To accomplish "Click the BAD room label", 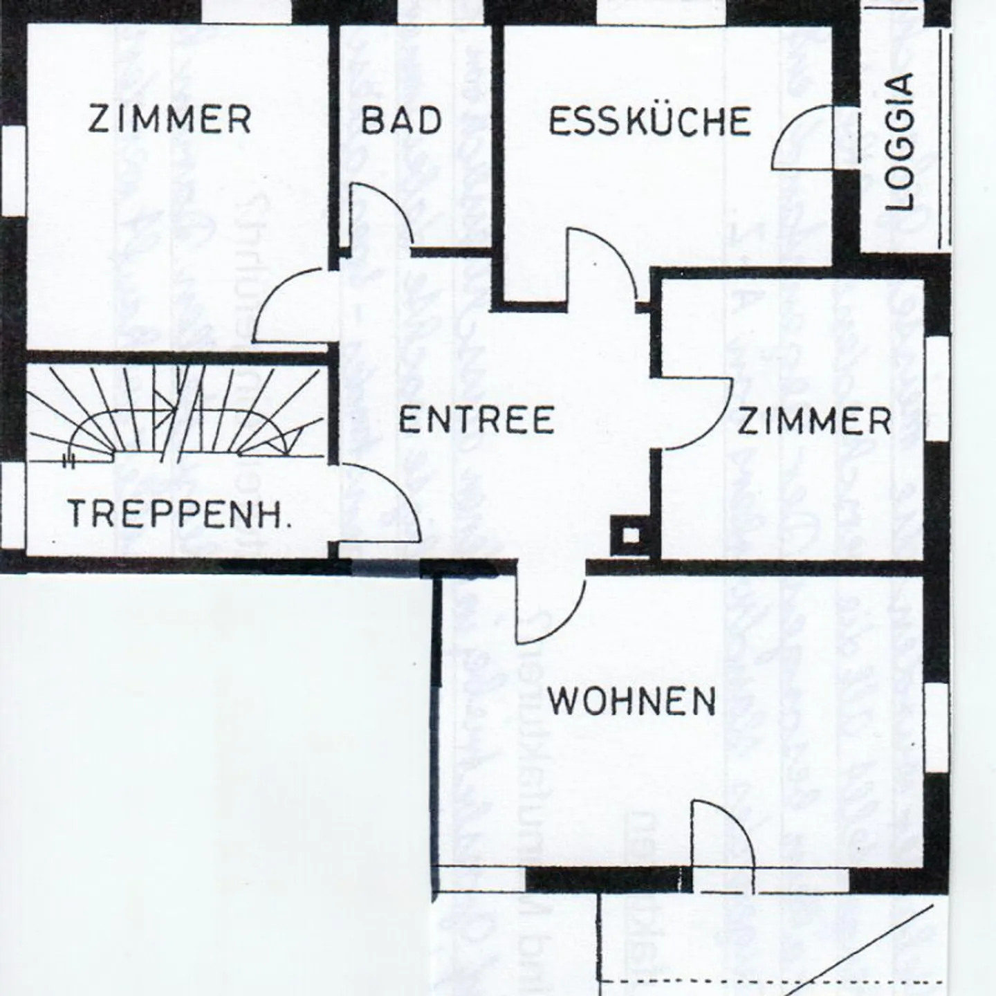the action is click(x=401, y=120).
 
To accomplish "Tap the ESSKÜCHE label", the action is click(x=649, y=121).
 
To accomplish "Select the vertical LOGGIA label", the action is click(x=900, y=142).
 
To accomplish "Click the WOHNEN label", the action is click(x=631, y=701).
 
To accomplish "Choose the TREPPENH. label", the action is click(x=180, y=513).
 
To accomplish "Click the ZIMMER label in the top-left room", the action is click(x=169, y=118).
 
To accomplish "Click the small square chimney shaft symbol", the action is click(x=631, y=535).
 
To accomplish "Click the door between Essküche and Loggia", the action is click(x=796, y=127).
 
